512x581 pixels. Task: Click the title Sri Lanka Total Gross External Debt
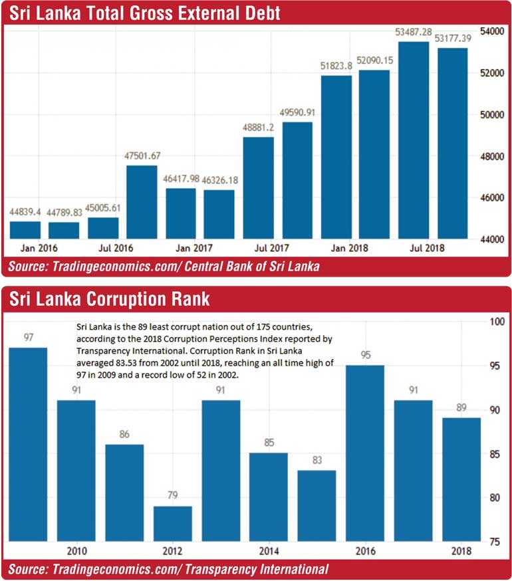click(x=144, y=13)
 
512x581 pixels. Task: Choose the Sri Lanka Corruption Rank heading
click(x=109, y=299)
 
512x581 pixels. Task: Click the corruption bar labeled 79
click(x=172, y=524)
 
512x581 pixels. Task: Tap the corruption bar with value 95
click(x=364, y=453)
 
